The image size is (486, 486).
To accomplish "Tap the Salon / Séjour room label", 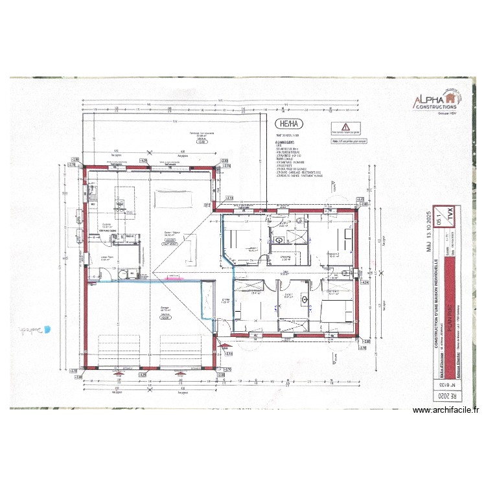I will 170,235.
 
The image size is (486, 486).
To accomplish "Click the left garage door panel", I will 119,350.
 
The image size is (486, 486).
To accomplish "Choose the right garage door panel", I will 179,350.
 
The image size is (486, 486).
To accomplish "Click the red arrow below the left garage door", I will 118,374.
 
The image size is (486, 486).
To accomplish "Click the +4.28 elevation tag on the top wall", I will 143,160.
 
